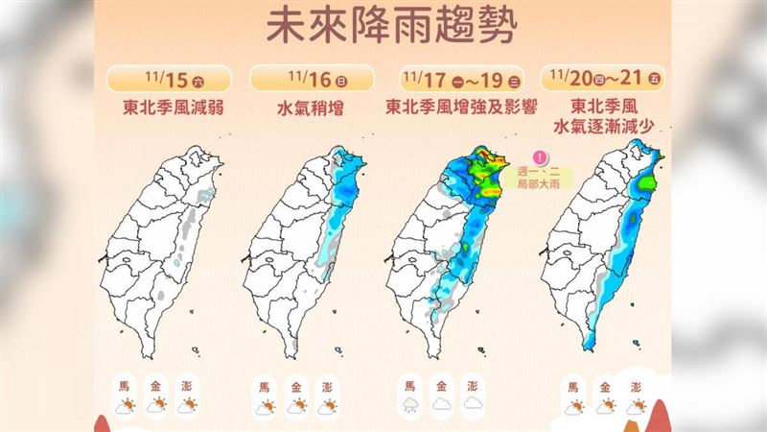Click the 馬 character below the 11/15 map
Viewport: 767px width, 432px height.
pyautogui.click(x=124, y=386)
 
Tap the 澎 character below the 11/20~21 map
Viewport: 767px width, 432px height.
pyautogui.click(x=635, y=386)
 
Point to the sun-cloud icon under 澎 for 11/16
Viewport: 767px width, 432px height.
pyautogui.click(x=327, y=406)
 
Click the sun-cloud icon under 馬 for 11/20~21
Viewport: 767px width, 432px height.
pyautogui.click(x=573, y=406)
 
